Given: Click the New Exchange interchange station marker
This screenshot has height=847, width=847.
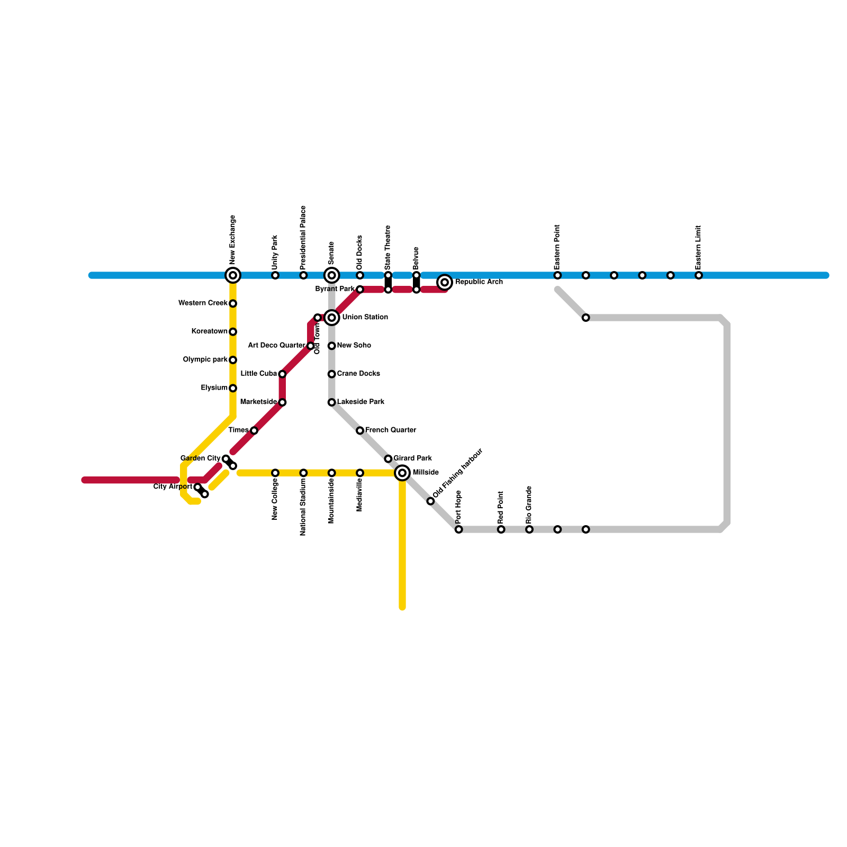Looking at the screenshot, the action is pos(233,275).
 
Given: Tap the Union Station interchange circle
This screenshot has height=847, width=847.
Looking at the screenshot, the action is pos(332,318).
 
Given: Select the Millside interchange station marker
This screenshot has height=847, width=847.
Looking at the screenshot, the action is pos(402,473).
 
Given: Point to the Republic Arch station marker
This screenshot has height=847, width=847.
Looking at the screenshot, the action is pos(445,282).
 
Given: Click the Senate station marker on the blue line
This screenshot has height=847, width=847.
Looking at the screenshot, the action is pos(332,275).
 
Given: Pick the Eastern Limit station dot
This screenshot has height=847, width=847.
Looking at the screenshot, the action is pos(699,275).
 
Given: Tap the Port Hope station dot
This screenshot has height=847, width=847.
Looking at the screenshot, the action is pos(458,529).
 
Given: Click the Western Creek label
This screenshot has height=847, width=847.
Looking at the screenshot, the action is pos(203,303).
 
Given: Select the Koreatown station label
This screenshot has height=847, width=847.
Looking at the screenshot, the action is pos(209,331).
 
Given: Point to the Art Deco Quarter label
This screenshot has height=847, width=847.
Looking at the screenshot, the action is pos(276,346).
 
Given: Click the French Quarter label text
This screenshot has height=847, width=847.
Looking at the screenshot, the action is pos(390,430).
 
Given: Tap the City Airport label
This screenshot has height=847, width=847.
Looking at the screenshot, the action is pos(173,487).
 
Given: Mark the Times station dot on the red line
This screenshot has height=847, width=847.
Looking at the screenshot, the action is pos(254,430).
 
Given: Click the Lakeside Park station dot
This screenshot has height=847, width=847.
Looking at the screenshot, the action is pos(331,402).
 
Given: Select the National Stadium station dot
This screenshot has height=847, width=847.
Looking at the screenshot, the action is pos(303,473).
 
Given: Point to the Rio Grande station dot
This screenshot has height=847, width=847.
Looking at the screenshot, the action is pos(529,529).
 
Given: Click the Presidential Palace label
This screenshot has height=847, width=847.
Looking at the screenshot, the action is pos(303,238).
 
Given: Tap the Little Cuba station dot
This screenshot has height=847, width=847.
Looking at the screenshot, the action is pos(282,374).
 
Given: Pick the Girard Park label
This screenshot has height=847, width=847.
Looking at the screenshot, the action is pos(412,458).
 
